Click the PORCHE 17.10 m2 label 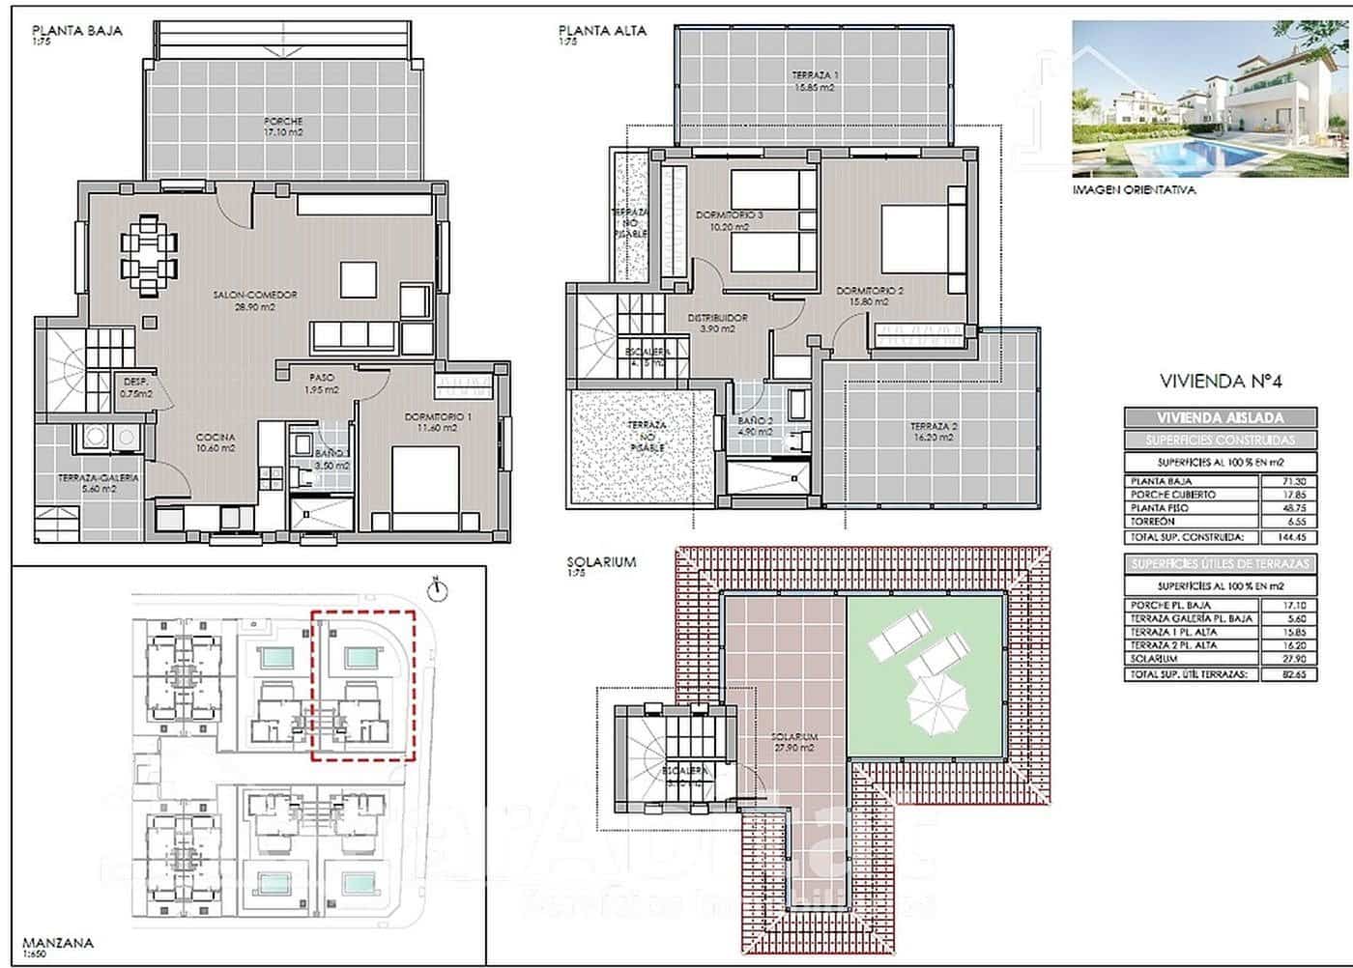click(283, 127)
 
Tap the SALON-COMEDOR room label click(254, 300)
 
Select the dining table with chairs click(149, 253)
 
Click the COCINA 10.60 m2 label click(215, 442)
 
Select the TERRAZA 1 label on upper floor click(815, 81)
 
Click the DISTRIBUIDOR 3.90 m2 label click(717, 323)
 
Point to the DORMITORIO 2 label click(870, 296)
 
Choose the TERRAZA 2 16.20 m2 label click(934, 431)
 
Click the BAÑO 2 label click(755, 426)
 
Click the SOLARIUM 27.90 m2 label click(794, 742)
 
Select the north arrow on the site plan click(437, 586)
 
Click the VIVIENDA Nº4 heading click(1221, 381)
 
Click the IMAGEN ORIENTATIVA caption click(1134, 190)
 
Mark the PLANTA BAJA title click(77, 30)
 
